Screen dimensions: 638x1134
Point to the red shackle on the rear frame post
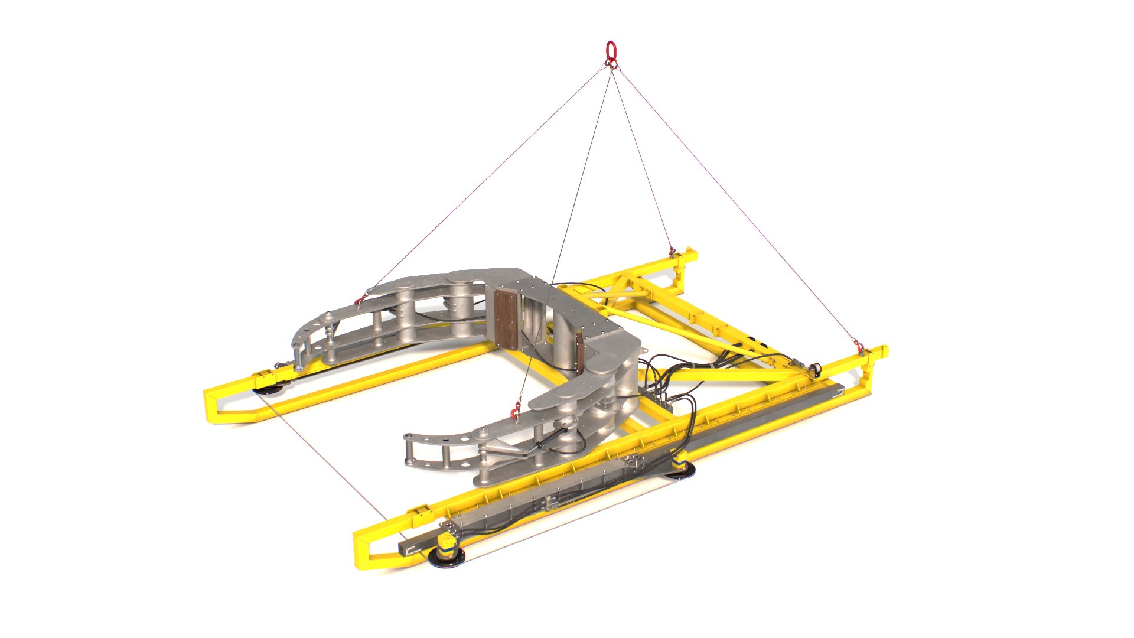[x=671, y=250]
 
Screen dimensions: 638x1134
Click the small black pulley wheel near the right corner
[x=817, y=369]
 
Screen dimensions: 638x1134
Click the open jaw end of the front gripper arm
[x=413, y=451]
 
